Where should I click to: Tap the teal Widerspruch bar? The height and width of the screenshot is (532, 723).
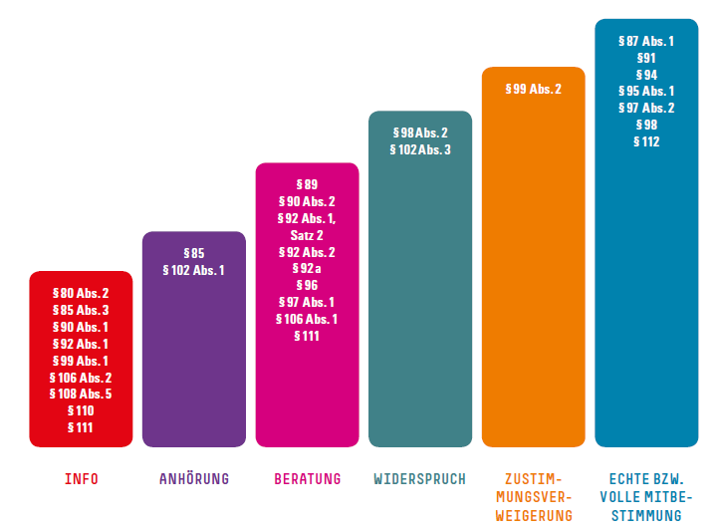click(419, 299)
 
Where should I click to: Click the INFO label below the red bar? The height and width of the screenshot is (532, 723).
click(81, 479)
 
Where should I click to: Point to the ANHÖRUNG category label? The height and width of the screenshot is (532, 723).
click(193, 479)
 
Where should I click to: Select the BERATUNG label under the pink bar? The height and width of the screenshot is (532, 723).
click(307, 479)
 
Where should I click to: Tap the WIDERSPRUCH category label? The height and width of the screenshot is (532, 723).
click(419, 479)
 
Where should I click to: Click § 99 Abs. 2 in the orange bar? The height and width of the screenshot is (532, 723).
click(533, 90)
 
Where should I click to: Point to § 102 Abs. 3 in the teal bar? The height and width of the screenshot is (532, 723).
click(419, 149)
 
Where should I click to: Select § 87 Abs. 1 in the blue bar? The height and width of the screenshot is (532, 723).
click(646, 41)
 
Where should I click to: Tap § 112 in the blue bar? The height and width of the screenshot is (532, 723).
click(646, 141)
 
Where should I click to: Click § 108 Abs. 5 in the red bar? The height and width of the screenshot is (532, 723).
click(81, 394)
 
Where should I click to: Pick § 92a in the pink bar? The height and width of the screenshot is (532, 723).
click(307, 269)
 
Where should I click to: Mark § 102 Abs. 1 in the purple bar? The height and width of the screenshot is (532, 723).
click(193, 270)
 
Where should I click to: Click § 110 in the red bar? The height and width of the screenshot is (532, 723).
click(81, 410)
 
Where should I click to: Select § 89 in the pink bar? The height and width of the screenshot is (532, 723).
click(307, 184)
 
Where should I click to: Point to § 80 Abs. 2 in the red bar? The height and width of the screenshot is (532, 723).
click(81, 293)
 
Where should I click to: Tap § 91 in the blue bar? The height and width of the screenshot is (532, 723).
click(646, 58)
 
